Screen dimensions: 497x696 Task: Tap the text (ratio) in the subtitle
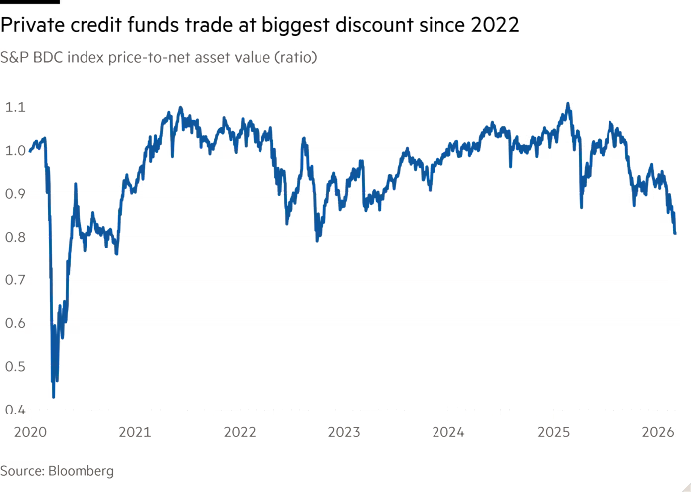[293, 57]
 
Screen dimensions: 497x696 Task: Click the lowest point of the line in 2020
[52, 396]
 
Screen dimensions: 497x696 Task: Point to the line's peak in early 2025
[567, 102]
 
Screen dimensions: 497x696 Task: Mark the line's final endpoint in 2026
[676, 234]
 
